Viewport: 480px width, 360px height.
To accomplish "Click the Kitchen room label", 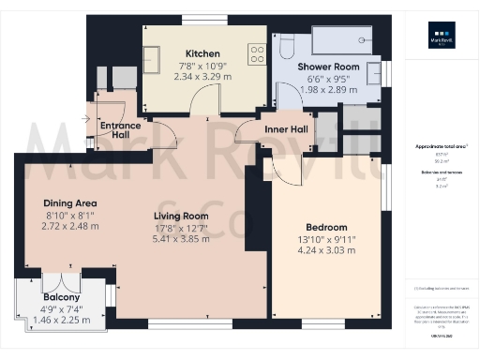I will pos(202,53).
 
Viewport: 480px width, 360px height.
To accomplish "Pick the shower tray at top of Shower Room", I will pos(344,40).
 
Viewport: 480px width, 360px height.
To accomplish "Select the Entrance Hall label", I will pos(121,130).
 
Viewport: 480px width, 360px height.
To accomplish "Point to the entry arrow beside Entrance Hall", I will pos(87,118).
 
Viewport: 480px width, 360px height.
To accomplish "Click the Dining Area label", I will pos(70,203).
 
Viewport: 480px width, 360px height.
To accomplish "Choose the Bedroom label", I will pos(326,227).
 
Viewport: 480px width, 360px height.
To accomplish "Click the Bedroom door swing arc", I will pos(281,169).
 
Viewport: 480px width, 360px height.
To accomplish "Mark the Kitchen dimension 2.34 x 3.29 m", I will pos(202,76).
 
